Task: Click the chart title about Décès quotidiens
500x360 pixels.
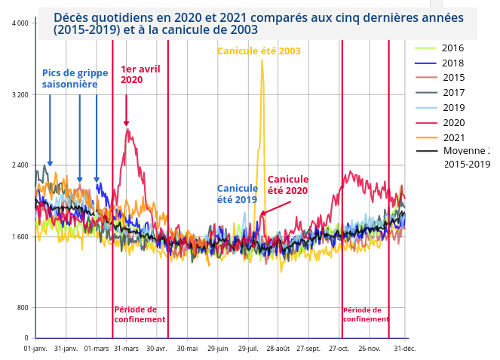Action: tap(256, 23)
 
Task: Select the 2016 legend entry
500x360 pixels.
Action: tap(452, 48)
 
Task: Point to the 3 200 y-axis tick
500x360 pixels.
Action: tap(20, 95)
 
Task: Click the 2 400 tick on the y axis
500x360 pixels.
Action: tap(20, 165)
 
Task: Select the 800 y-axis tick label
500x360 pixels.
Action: tap(23, 308)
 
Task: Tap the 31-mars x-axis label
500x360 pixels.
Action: tap(126, 349)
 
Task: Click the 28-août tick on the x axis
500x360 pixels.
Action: tap(278, 349)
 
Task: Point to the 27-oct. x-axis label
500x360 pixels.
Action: tap(339, 349)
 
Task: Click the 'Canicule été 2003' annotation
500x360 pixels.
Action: tap(259, 51)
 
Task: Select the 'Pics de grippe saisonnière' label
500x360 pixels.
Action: tap(75, 78)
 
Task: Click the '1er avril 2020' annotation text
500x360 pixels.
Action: tap(140, 74)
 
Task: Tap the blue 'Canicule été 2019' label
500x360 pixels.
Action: tap(237, 194)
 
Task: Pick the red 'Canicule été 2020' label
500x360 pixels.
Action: tap(288, 185)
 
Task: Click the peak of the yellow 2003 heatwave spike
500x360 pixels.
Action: tap(262, 60)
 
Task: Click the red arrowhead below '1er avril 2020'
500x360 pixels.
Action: tap(126, 123)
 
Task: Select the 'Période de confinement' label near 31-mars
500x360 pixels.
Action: tap(140, 315)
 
